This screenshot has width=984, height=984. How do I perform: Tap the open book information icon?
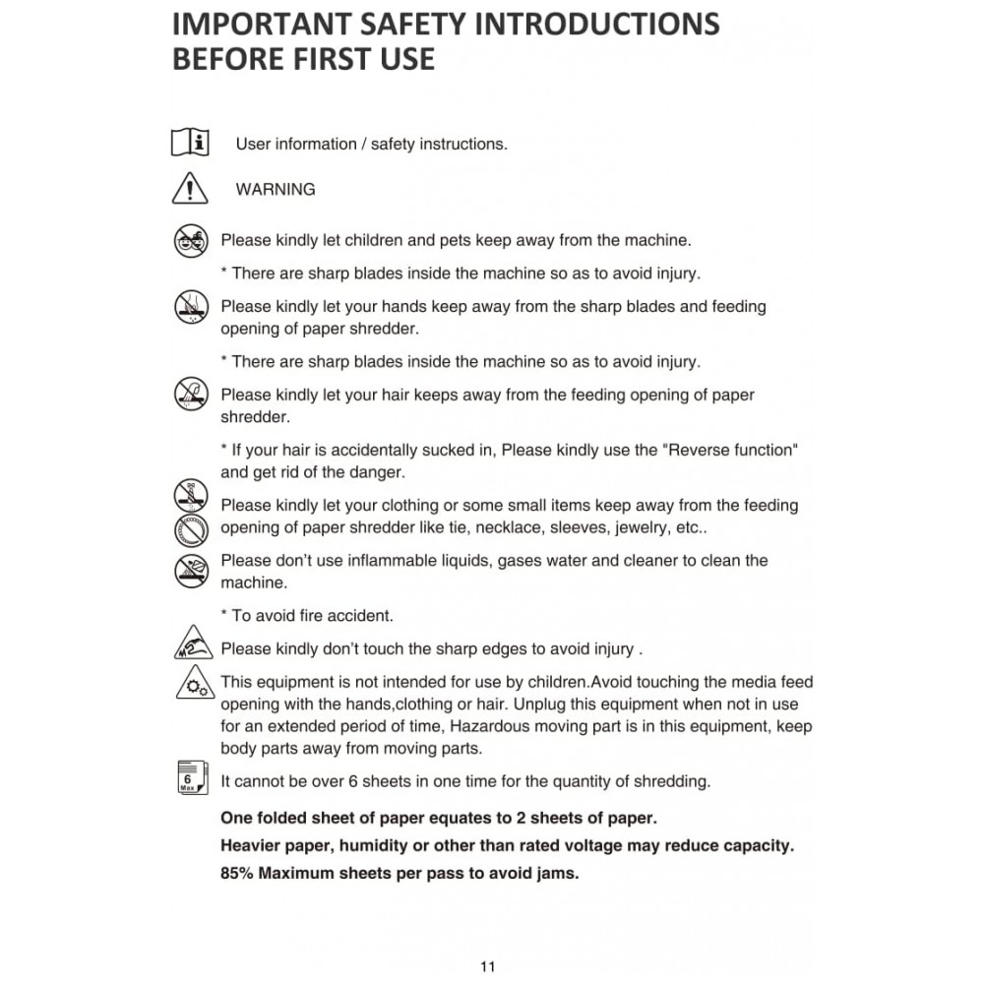pos(190,143)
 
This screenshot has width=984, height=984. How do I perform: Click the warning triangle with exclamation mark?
pos(190,188)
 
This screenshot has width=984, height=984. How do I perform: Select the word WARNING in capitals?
pos(276,189)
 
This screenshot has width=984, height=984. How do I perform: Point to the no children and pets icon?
pos(191,240)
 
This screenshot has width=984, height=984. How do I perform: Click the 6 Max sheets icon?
pos(190,779)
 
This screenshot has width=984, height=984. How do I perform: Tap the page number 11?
pos(488,965)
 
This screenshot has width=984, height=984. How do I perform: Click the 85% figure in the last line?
pos(239,872)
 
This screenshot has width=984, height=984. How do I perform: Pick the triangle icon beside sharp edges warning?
pos(191,646)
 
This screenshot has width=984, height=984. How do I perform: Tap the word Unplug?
pos(538,704)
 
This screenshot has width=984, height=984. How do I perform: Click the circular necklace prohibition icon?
pos(192,532)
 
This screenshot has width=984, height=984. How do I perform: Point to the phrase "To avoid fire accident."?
pos(312,615)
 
